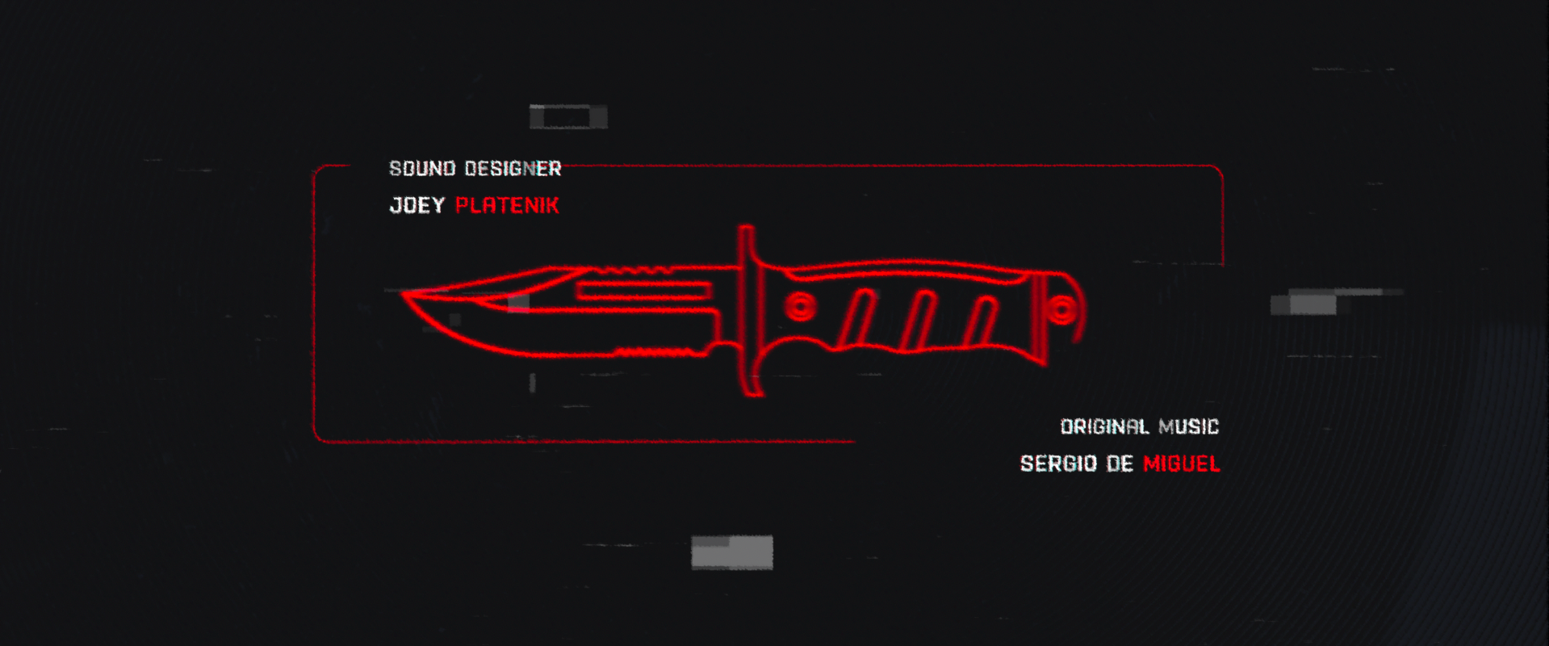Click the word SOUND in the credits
(422, 169)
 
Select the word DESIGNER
(513, 169)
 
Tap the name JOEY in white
(417, 205)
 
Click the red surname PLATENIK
(507, 205)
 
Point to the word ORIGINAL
(1104, 426)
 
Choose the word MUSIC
(1188, 426)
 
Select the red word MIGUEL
(1181, 464)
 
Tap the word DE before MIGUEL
(1120, 464)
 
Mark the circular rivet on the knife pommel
(1061, 310)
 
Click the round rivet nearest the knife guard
(800, 308)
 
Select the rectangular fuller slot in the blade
(643, 291)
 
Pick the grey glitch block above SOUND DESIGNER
(568, 117)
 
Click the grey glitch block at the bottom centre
(732, 552)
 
